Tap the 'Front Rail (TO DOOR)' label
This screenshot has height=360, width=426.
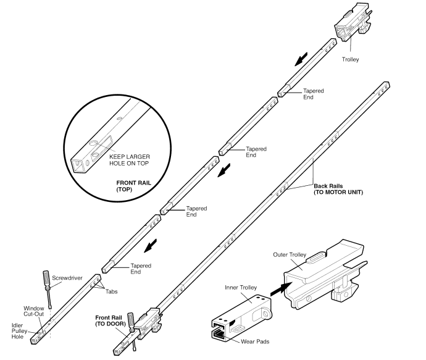(x=108, y=320)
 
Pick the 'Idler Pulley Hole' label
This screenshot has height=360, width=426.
(x=18, y=332)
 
